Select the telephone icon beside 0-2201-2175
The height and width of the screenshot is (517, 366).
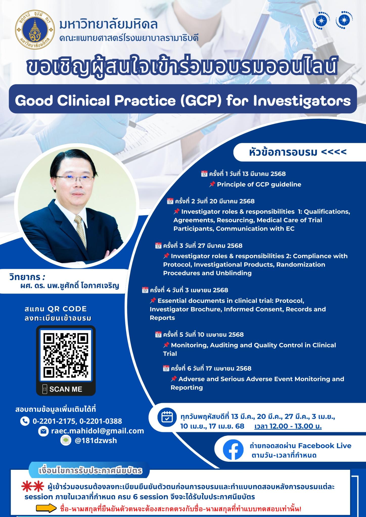(25, 421)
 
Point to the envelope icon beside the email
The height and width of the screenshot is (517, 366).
(43, 431)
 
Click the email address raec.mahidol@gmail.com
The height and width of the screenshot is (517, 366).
(98, 431)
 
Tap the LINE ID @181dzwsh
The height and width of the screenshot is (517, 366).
(96, 441)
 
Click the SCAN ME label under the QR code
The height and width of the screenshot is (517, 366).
(66, 389)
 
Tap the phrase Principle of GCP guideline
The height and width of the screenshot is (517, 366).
(259, 184)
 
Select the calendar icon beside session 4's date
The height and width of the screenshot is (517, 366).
(145, 290)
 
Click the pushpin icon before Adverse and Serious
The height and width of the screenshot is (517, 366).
(174, 379)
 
